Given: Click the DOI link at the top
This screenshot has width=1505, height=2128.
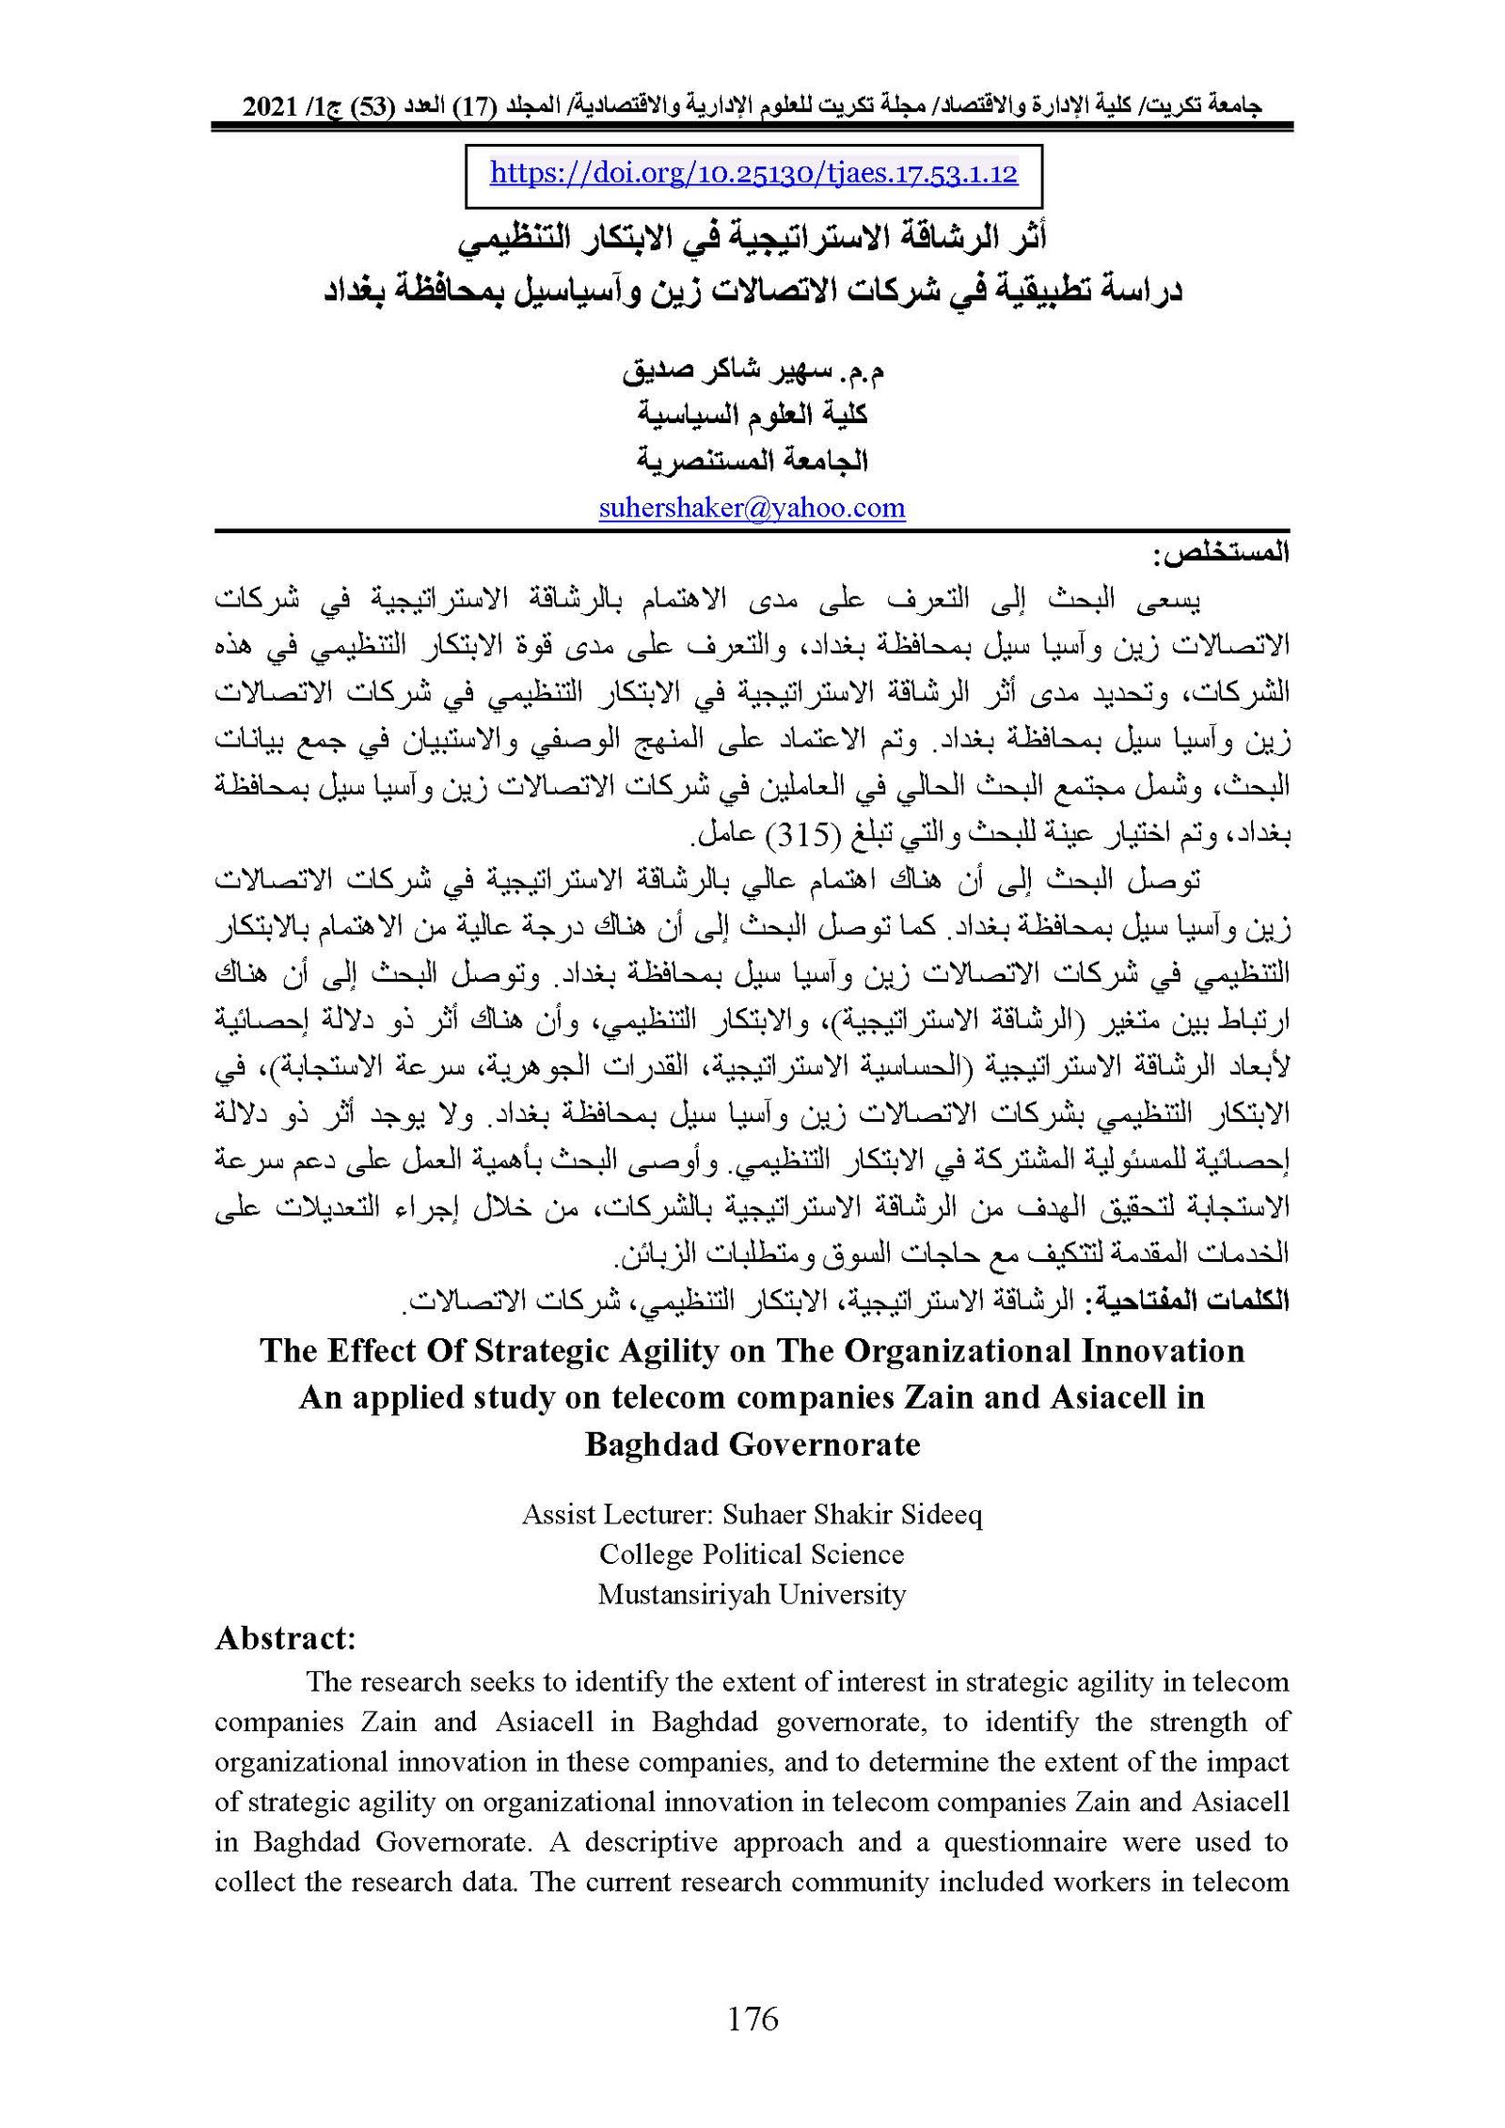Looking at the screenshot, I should click(753, 174).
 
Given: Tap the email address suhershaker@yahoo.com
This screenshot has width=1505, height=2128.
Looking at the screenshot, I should click(752, 508).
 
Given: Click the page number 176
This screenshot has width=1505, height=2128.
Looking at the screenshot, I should click(752, 2018).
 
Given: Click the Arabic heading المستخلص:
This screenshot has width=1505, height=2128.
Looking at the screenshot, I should click(1220, 554).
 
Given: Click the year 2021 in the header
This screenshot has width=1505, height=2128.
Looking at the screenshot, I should click(271, 107).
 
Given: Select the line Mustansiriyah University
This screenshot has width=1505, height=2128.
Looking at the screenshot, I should click(752, 1594).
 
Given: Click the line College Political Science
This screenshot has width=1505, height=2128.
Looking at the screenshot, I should click(752, 1553).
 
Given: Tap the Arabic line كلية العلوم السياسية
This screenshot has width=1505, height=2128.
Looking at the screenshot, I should click(752, 414).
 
